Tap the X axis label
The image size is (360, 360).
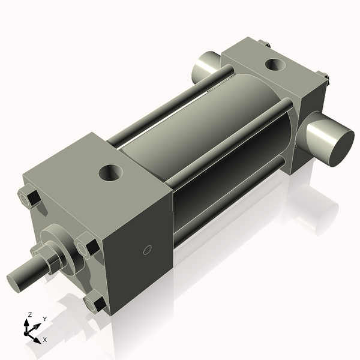click(x=46, y=340)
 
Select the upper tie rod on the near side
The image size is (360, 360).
click(x=234, y=144)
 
